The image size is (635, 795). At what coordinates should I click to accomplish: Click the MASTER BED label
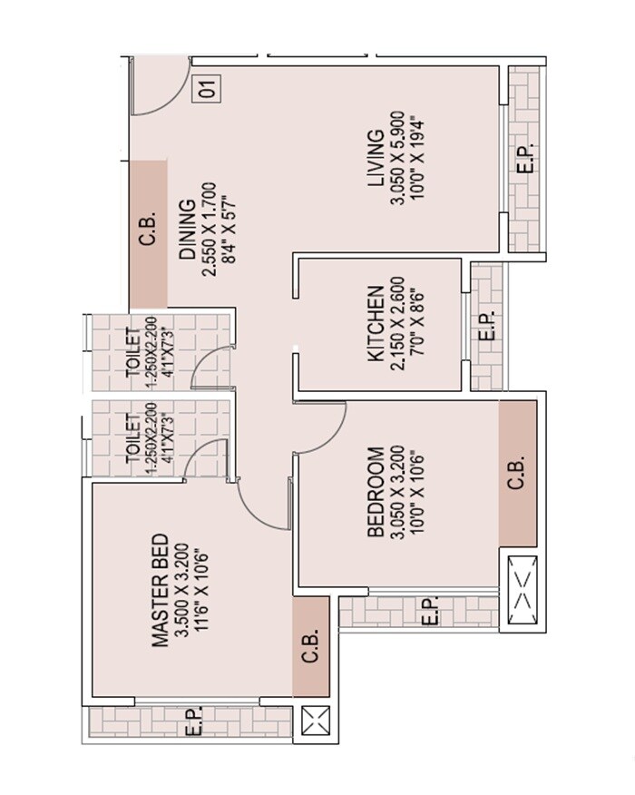161,590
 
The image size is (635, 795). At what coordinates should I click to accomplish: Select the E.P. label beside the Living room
524,160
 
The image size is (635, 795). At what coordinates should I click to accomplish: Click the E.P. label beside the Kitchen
485,327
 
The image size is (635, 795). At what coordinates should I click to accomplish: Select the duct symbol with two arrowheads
520,587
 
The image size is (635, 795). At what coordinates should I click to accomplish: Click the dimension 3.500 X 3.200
181,590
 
